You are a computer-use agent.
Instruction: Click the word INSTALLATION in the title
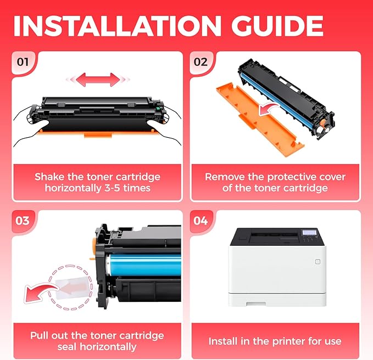118,26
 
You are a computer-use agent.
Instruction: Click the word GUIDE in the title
277,26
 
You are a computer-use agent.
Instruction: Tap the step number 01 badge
23,62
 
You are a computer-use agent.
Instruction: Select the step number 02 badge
201,62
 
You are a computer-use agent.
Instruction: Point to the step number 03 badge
23,221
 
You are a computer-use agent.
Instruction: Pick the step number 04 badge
201,221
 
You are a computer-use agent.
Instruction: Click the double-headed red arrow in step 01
98,80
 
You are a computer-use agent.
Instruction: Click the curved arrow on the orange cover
268,109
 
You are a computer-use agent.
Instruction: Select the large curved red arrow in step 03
40,292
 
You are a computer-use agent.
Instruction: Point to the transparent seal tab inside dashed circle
72,288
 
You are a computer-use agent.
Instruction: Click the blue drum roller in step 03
144,264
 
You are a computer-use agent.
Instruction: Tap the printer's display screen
309,232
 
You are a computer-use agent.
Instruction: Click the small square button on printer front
318,262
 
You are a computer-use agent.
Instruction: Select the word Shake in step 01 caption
49,177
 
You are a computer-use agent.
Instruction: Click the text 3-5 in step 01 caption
112,188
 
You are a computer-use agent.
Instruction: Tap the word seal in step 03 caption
68,347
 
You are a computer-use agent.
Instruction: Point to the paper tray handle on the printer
256,303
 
